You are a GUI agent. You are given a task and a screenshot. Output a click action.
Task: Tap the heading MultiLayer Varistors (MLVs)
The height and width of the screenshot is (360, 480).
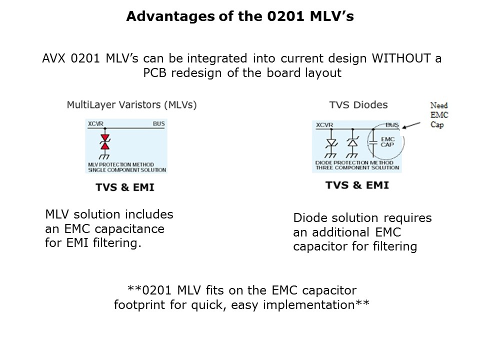132,105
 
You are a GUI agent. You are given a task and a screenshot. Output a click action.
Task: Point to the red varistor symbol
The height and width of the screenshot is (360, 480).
105,142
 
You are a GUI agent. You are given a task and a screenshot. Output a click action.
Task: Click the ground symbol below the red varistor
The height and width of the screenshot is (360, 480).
105,155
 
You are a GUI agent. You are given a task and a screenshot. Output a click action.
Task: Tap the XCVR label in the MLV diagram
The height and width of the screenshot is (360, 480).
96,123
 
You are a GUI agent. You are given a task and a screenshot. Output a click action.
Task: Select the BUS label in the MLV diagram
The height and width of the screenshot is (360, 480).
159,123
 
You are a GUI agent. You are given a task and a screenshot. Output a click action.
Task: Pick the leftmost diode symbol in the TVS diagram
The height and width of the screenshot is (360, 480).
330,143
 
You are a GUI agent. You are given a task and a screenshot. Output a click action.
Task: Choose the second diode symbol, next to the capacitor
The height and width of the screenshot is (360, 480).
353,143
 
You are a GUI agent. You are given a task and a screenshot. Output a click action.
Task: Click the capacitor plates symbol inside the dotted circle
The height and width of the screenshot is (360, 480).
372,142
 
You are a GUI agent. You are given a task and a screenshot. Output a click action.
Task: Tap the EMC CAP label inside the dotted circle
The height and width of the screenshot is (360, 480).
387,142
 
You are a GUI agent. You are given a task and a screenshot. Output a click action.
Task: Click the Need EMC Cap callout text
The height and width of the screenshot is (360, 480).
439,115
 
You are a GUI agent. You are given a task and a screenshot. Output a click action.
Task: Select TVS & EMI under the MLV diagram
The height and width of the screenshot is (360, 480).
125,187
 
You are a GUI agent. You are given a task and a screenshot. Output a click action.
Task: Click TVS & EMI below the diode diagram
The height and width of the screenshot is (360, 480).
357,184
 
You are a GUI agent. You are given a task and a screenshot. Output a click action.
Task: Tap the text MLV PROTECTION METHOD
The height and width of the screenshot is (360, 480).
120,164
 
